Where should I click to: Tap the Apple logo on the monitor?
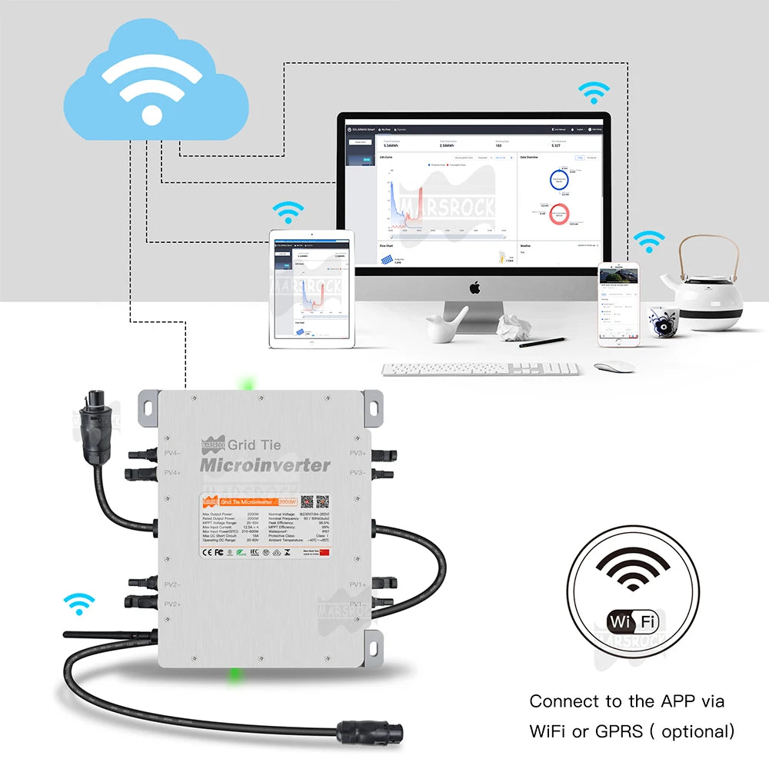pyautogui.click(x=474, y=288)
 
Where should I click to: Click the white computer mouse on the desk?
pyautogui.click(x=614, y=366)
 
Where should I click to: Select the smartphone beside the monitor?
pyautogui.click(x=619, y=300)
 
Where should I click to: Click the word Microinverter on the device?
pyautogui.click(x=265, y=465)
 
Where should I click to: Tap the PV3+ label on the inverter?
pyautogui.click(x=357, y=454)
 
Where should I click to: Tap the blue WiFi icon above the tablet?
pyautogui.click(x=289, y=211)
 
